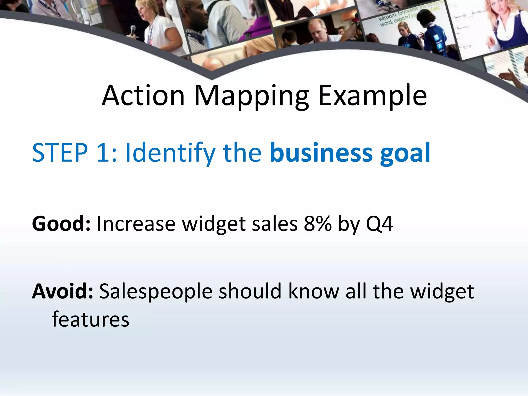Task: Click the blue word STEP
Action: coord(60,153)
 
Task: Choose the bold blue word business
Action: coord(321,153)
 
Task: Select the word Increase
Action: coord(136,224)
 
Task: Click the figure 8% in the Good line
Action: coord(318,224)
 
